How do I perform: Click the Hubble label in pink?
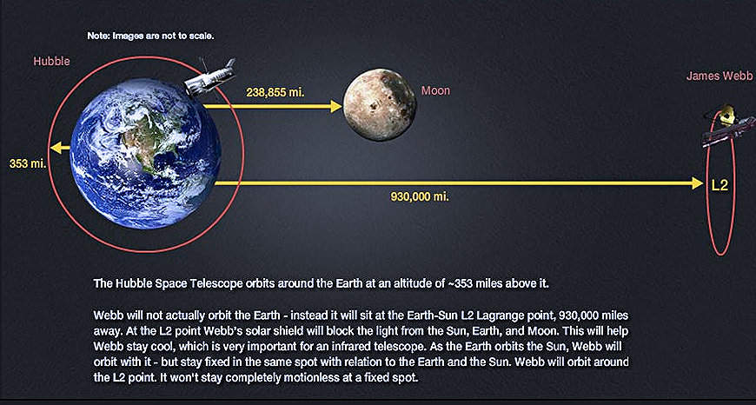51,62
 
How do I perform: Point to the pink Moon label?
435,90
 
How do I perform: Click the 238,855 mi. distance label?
275,92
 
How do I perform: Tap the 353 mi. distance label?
27,163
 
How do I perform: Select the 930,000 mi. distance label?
420,197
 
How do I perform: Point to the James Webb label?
718,76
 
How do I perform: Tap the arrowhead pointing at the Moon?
336,106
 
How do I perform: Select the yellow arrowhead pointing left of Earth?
54,147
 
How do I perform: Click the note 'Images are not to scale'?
150,36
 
